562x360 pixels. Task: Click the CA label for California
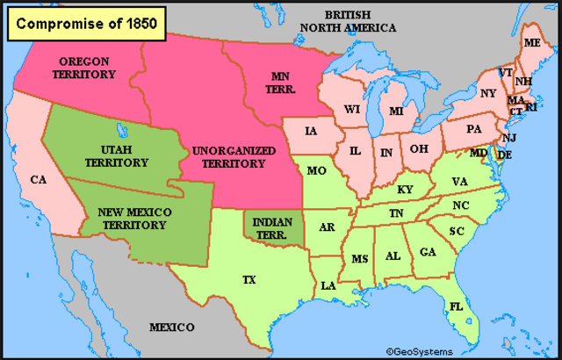pyautogui.click(x=38, y=179)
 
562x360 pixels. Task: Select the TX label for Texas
pyautogui.click(x=249, y=280)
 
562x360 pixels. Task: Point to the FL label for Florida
pyautogui.click(x=456, y=306)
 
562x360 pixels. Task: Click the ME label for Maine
pyautogui.click(x=532, y=43)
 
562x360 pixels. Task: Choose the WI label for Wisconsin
pyautogui.click(x=352, y=110)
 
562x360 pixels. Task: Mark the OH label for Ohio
pyautogui.click(x=419, y=148)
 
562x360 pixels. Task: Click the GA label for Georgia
pyautogui.click(x=427, y=252)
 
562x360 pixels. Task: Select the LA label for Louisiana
pyautogui.click(x=328, y=286)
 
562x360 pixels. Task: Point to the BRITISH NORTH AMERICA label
pyautogui.click(x=349, y=21)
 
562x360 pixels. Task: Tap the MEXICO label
pyautogui.click(x=171, y=328)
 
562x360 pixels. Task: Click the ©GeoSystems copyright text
pyautogui.click(x=418, y=350)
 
